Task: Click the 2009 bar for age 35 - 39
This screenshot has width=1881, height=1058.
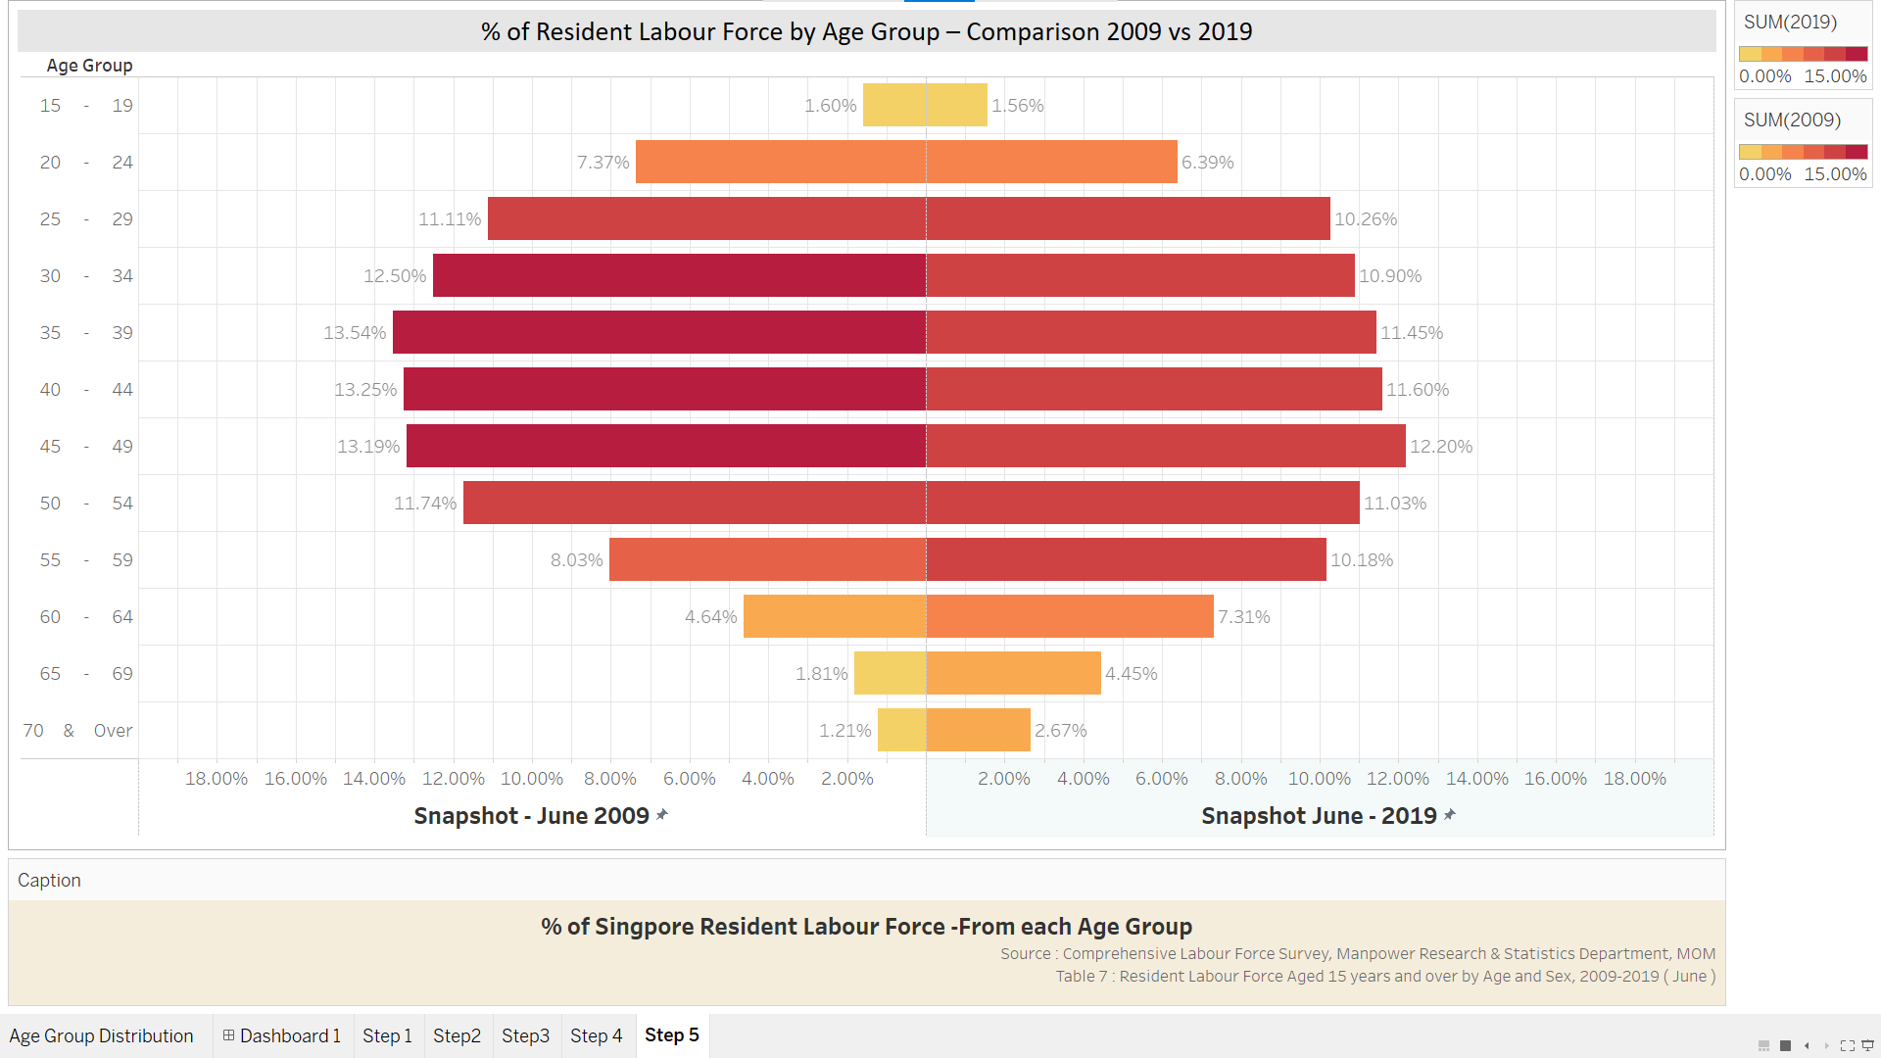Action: coord(659,332)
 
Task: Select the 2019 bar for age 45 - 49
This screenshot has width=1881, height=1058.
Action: coord(1166,446)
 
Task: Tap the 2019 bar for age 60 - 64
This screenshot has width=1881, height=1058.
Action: coord(1070,616)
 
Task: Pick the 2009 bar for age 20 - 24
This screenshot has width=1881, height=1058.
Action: coord(781,162)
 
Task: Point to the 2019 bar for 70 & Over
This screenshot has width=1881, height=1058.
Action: coord(979,730)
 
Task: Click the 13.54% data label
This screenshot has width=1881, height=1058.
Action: coord(355,333)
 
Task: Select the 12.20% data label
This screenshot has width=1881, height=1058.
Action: coord(1441,447)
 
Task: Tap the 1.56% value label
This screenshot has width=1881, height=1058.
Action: coord(1018,106)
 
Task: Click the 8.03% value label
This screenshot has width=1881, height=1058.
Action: coord(576,560)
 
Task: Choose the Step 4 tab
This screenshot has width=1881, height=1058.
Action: coord(597,1035)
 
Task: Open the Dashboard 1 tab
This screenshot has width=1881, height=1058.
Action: coord(282,1035)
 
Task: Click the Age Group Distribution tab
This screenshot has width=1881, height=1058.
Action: coord(102,1035)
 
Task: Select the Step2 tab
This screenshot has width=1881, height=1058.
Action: coord(457,1035)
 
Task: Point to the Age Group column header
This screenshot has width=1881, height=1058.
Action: coord(89,66)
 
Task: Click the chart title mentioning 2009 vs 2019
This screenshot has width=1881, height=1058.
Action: coord(866,31)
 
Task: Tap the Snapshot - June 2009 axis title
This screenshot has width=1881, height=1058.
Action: coord(532,816)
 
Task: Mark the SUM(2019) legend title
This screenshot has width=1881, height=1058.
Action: coord(1790,22)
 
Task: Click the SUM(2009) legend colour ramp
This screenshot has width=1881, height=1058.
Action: coord(1803,152)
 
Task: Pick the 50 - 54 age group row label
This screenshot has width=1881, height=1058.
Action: coord(85,504)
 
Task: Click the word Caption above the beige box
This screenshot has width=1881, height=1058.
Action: coord(49,880)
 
